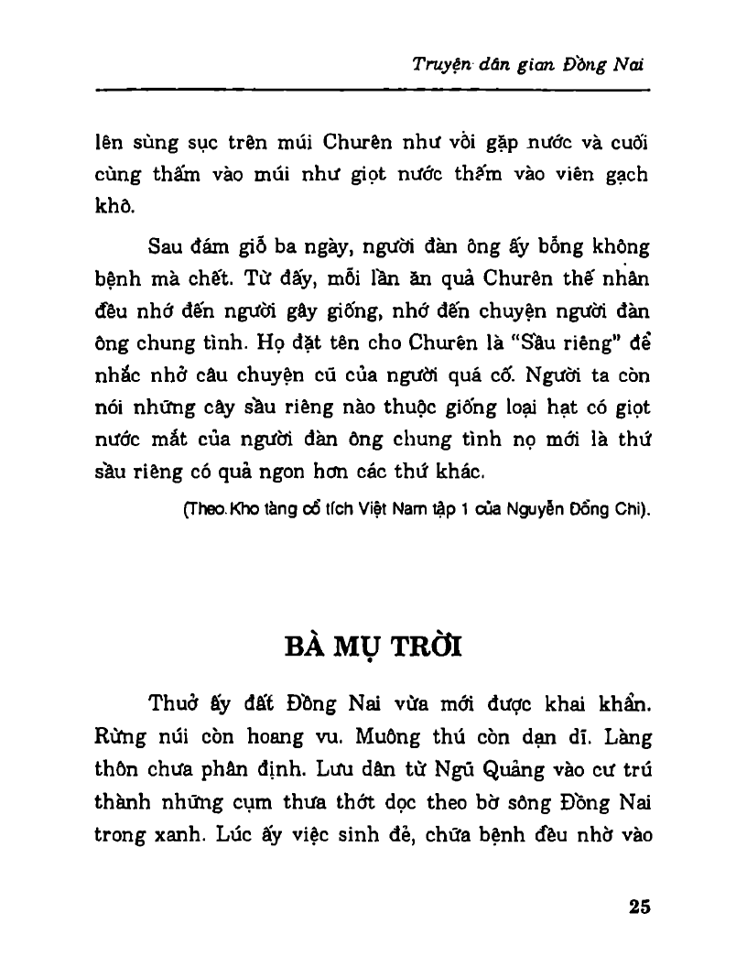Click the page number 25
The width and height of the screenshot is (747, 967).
(x=639, y=907)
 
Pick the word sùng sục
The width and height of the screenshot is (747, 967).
(x=172, y=145)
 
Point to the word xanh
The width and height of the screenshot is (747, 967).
(x=167, y=834)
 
